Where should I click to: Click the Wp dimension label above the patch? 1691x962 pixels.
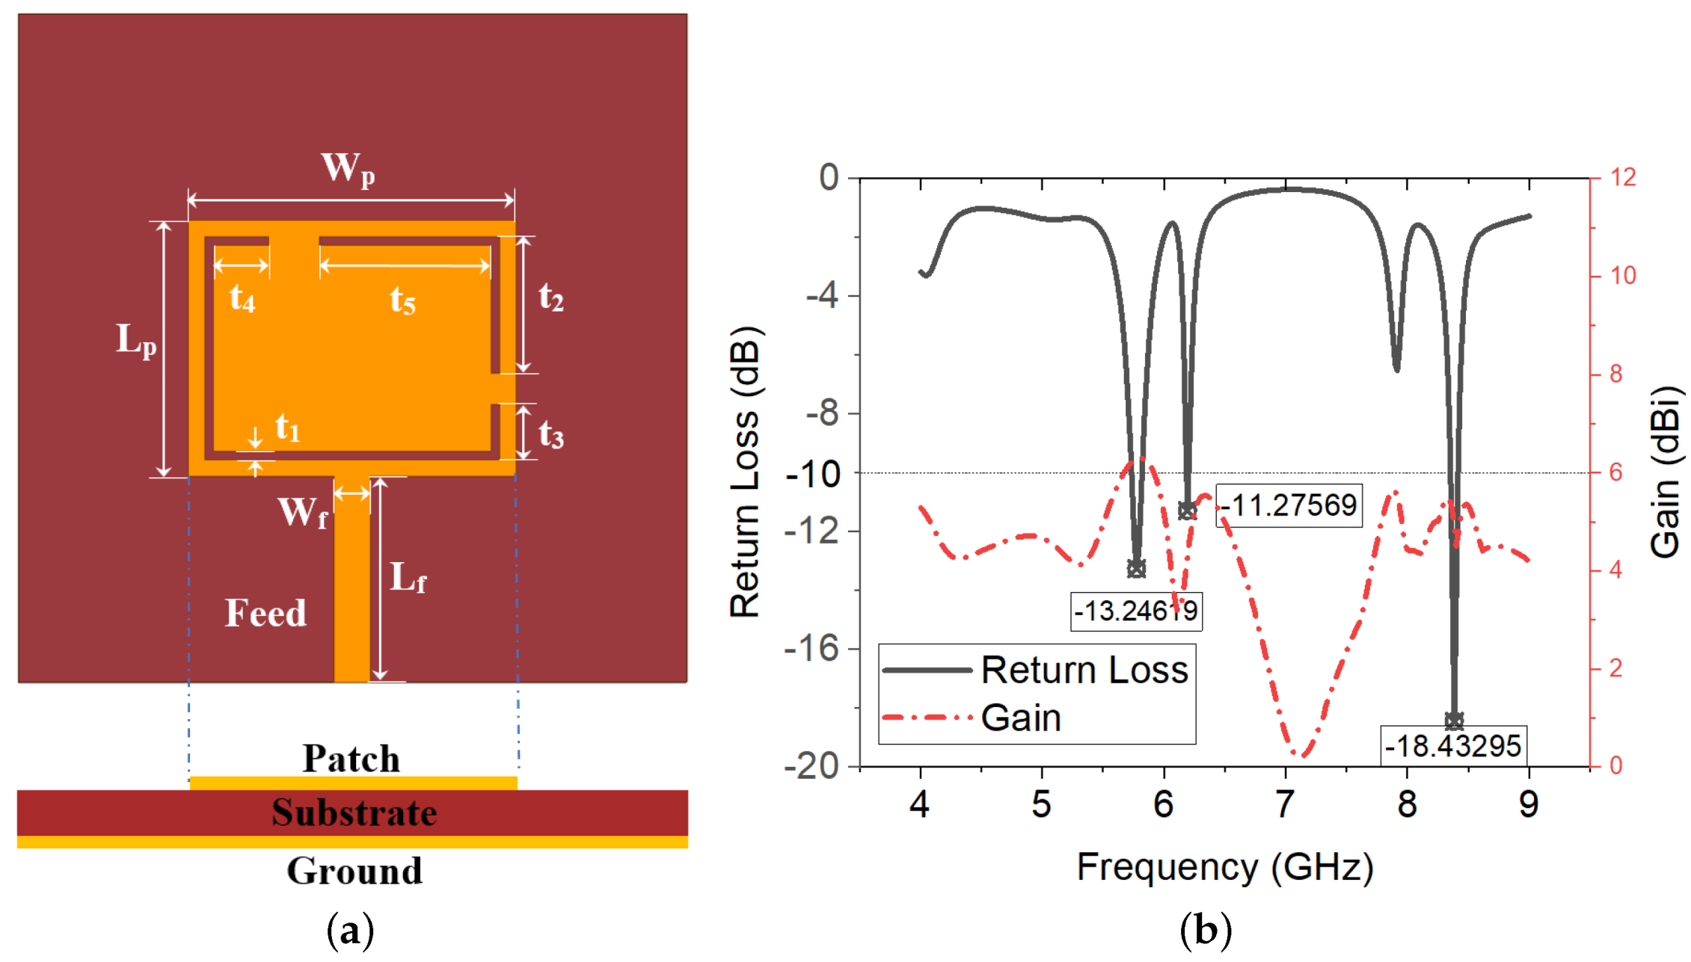pos(348,169)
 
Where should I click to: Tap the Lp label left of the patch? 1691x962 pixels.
pos(136,340)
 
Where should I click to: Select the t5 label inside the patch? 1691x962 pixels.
pos(402,300)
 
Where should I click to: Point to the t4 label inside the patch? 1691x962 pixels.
pos(242,298)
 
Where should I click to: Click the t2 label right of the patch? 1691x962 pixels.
pos(551,297)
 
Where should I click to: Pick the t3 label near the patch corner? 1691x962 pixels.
pos(551,434)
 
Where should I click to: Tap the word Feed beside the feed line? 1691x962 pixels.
pos(266,614)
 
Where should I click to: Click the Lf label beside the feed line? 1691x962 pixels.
pos(408,578)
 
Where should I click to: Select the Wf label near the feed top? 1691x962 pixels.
pos(303,514)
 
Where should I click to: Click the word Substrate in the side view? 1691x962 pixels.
pos(354,813)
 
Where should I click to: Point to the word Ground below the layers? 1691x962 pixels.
pos(355,872)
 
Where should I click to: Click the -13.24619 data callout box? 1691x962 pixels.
pos(1135,611)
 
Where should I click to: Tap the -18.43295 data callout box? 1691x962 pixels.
pos(1452,746)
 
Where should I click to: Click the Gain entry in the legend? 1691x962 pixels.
pos(1021,718)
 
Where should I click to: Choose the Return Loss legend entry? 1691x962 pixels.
pos(1084,670)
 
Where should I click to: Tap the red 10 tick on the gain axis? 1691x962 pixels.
pos(1623,276)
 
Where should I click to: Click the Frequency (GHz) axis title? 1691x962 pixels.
pos(1224,868)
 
